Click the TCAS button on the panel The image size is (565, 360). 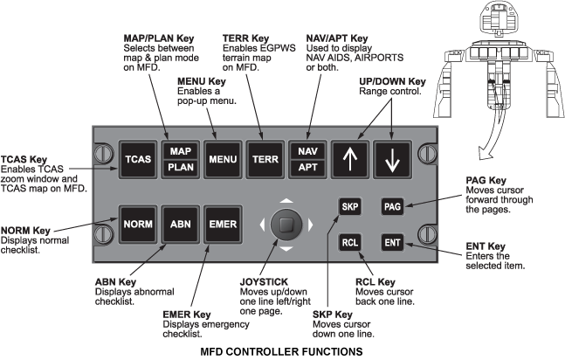137,161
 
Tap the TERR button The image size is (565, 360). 265,161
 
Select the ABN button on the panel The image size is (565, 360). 180,223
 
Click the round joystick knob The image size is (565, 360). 285,224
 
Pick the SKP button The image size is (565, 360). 350,207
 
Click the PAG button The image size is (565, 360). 393,207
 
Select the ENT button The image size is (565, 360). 393,241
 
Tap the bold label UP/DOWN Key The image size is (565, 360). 392,82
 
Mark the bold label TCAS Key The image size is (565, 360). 27,159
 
